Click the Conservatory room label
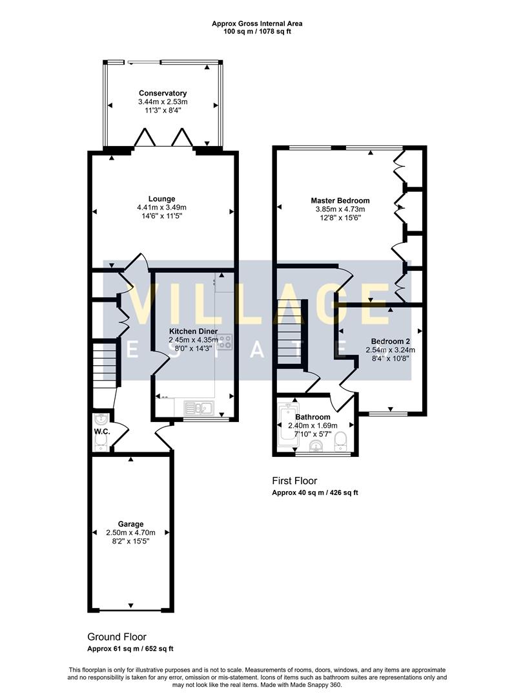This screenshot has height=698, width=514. click(x=162, y=93)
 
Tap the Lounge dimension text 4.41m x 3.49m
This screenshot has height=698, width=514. click(x=161, y=207)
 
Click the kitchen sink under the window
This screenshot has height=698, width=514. click(x=198, y=407)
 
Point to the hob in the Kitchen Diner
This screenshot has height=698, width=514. click(x=225, y=341)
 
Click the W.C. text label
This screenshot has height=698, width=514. click(x=101, y=432)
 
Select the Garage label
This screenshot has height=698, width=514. click(x=130, y=524)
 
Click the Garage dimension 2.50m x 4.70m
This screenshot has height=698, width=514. click(x=130, y=533)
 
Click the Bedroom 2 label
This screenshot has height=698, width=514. click(x=390, y=341)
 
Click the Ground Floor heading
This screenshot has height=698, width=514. click(x=121, y=637)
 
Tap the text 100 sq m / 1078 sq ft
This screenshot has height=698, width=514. click(x=257, y=32)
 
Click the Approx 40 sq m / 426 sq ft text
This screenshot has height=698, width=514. click(x=314, y=492)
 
